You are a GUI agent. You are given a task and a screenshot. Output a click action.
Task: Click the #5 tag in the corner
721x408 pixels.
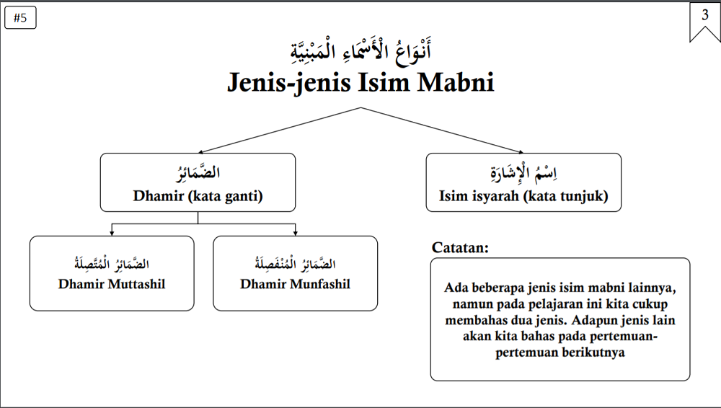20,18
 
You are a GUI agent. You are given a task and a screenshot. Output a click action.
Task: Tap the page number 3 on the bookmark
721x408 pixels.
705,15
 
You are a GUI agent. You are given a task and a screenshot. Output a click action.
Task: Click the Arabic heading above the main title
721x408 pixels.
361,50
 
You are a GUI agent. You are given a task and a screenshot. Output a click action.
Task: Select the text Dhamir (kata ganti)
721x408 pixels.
198,196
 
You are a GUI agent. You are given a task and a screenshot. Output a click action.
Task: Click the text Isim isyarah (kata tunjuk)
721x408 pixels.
523,196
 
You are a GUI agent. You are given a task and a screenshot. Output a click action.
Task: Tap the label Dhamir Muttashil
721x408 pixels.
112,284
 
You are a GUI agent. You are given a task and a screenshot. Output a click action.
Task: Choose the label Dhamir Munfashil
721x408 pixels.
295,284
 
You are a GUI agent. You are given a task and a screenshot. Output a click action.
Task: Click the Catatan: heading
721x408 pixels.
460,247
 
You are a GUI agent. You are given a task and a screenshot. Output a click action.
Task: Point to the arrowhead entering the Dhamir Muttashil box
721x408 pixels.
112,234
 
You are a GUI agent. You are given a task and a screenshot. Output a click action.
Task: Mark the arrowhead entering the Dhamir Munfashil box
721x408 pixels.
295,234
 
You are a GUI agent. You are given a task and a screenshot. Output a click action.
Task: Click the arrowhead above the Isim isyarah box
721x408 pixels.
521,152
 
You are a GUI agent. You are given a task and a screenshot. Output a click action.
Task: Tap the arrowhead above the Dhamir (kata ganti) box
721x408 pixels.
201,152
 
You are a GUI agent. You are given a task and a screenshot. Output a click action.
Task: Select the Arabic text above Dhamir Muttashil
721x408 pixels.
112,264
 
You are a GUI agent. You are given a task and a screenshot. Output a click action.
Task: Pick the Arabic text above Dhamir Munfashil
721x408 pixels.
295,264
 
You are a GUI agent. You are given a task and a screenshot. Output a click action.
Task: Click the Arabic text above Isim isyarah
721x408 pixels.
523,173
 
